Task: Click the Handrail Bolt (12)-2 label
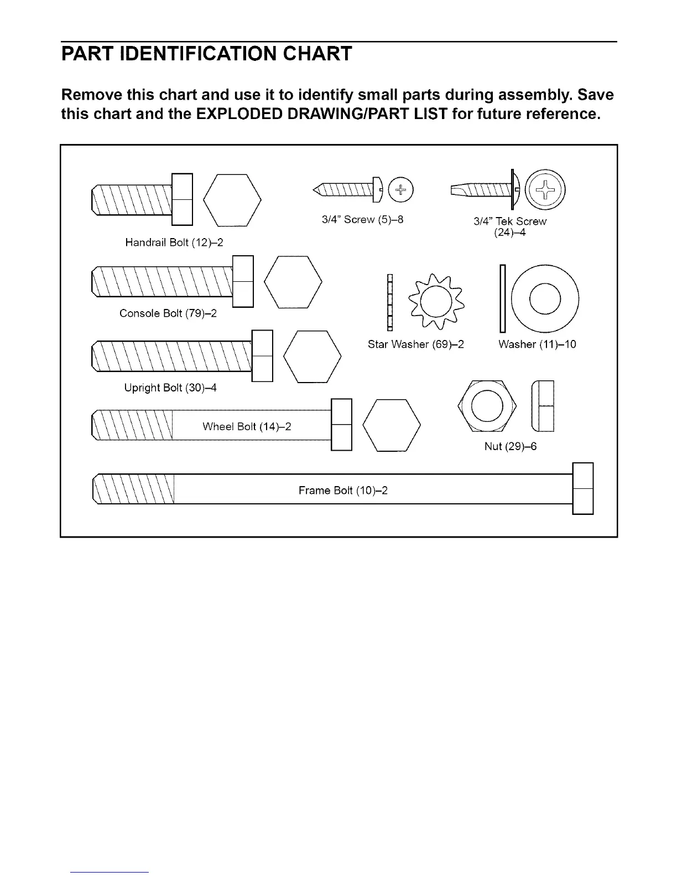coord(174,243)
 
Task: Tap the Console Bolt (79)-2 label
coord(168,313)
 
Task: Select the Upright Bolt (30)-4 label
coord(170,388)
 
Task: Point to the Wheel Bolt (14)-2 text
coord(247,426)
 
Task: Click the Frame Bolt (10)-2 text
coord(343,491)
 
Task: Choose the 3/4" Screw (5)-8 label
coord(362,220)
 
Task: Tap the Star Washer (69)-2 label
coord(415,344)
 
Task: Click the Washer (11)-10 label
coord(537,344)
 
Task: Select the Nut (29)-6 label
coord(511,446)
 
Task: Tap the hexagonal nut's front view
coord(487,406)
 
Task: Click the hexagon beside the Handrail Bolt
coord(232,200)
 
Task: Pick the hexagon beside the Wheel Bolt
coord(392,425)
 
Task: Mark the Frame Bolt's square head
coord(582,488)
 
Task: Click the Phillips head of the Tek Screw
coord(545,190)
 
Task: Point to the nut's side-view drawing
coord(542,406)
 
